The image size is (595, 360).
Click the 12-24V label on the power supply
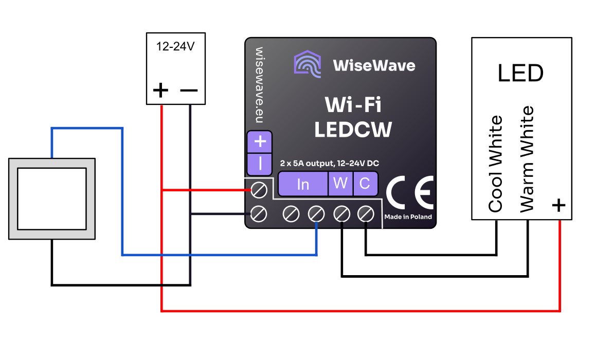(175, 46)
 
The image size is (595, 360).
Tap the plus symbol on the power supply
(161, 91)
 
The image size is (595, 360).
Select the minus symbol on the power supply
(189, 91)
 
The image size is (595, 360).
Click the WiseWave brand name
(374, 65)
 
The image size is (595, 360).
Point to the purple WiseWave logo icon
(308, 64)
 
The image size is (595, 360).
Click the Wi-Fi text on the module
(353, 105)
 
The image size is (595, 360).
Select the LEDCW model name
(353, 130)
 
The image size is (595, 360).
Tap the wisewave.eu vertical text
(259, 85)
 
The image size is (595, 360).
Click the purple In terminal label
(303, 184)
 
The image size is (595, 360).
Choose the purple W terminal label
(340, 184)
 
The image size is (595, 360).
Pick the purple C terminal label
(365, 184)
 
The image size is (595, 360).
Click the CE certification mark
(410, 191)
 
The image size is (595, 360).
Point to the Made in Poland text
(408, 217)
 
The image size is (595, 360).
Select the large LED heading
(520, 74)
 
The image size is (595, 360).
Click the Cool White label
(495, 164)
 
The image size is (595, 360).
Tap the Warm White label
(527, 159)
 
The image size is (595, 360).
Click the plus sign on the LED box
(558, 205)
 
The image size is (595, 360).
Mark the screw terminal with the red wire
(259, 190)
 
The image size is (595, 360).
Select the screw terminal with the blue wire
(316, 213)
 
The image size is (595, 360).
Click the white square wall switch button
(51, 198)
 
